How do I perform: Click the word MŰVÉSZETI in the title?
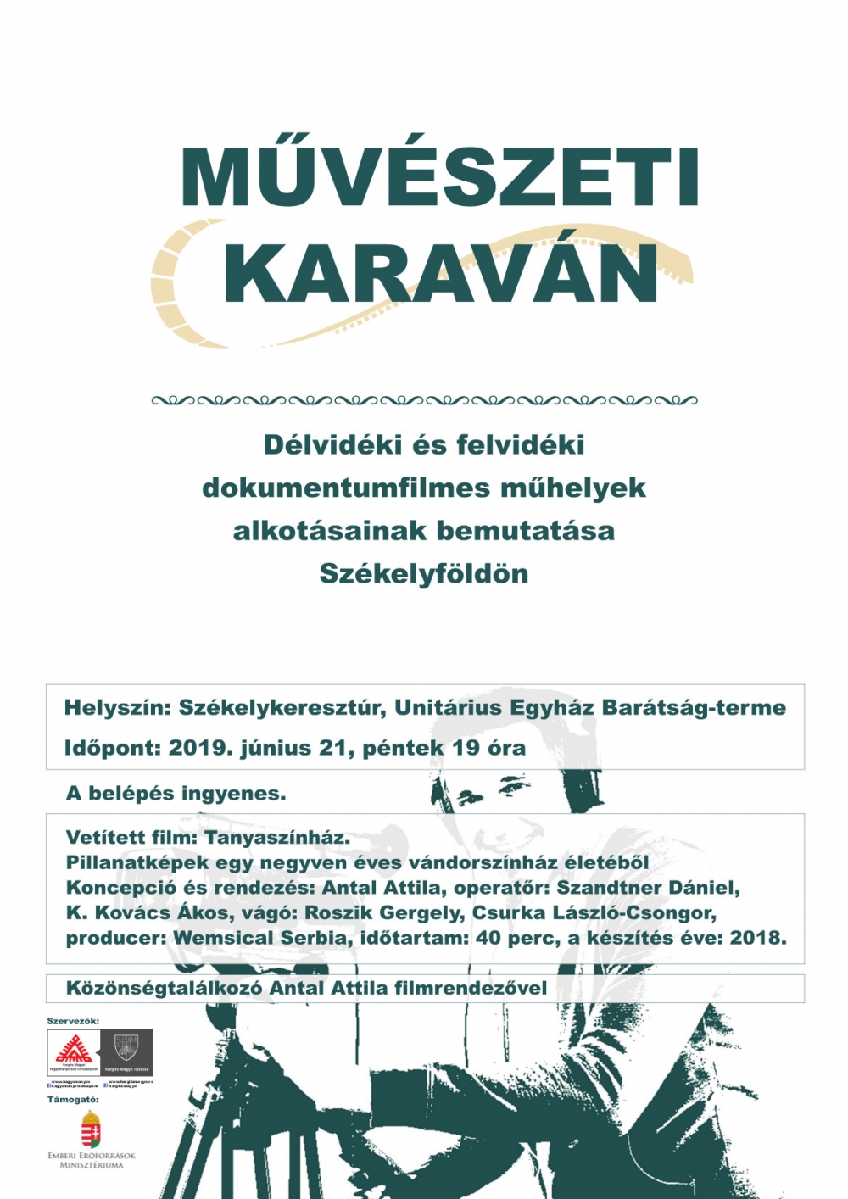438,178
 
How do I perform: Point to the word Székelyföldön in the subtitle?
424,574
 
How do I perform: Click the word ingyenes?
233,794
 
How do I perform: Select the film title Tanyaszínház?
277,838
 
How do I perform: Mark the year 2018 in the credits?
759,939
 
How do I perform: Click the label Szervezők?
73,1021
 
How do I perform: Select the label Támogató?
73,1100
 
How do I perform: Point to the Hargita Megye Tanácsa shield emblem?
126,1047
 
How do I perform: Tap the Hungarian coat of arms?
91,1130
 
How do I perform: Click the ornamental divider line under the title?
424,400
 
